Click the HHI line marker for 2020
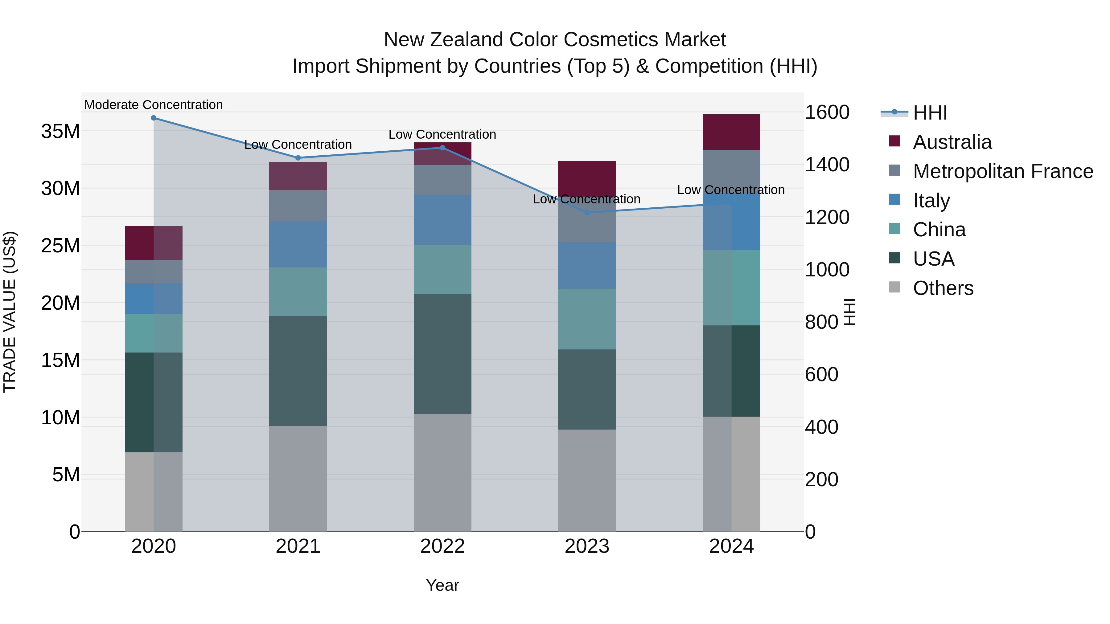coord(154,118)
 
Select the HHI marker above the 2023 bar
coord(586,213)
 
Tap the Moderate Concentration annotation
coord(154,105)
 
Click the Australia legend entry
coord(952,142)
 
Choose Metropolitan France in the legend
coord(1003,171)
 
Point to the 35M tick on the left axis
coord(60,131)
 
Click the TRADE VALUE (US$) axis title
coord(10,312)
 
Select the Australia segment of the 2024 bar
coord(731,132)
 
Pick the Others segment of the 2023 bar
coord(586,480)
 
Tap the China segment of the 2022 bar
coord(442,270)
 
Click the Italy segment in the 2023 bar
coord(586,265)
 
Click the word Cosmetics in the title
coord(611,40)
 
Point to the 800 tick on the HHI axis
coord(821,322)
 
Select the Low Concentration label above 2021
coord(298,145)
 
